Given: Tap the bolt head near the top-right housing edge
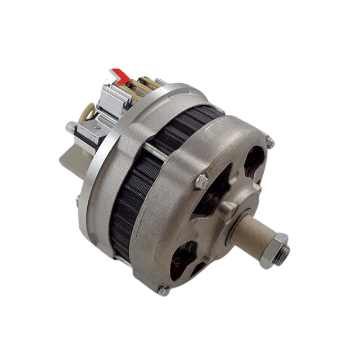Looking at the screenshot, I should pos(271,143).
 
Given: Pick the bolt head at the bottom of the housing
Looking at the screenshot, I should pos(163,290).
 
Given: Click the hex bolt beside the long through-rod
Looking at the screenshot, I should pos(200,181).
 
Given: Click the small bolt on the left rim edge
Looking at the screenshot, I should pos(76,197).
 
